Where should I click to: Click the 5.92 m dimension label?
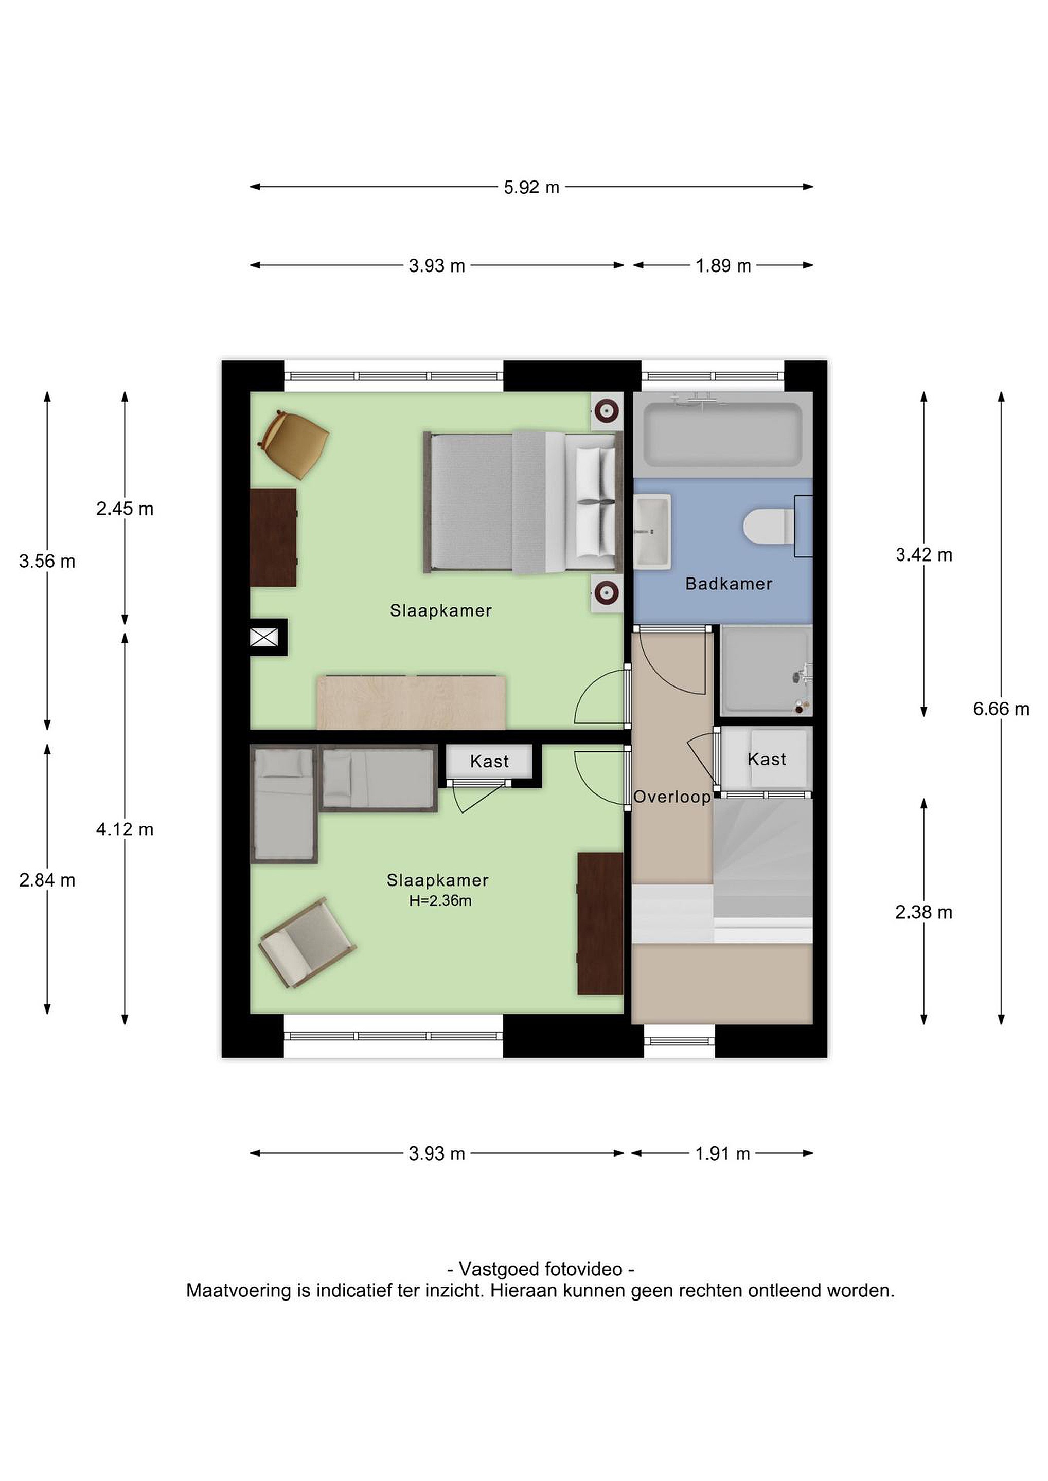(531, 188)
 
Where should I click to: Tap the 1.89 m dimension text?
(723, 266)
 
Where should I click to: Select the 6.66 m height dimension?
(1001, 709)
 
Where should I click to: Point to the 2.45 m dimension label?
(125, 509)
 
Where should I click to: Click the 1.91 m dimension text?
(722, 1153)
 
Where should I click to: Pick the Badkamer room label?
(729, 584)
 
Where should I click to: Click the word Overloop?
(672, 797)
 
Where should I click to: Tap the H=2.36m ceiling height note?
(440, 901)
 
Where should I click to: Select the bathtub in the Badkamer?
(723, 434)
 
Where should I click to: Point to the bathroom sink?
(652, 532)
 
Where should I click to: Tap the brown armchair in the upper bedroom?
(294, 444)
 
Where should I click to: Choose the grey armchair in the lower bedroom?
(307, 943)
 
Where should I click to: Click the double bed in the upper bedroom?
(523, 502)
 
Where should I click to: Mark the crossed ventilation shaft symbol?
(264, 637)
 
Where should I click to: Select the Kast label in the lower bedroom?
(489, 762)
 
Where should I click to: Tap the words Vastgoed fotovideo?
(540, 1270)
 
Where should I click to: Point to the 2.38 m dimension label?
(923, 912)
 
